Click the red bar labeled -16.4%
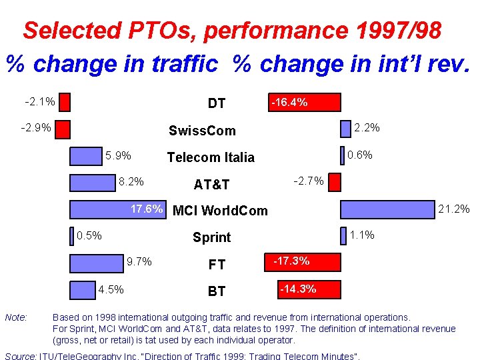[304, 102]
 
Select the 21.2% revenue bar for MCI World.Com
[388, 209]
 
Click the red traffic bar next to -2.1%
[64, 102]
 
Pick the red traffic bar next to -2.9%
[62, 129]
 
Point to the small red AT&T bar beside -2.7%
[333, 182]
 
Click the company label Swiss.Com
[202, 130]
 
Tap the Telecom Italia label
[211, 157]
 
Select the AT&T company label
[211, 184]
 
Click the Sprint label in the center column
[211, 237]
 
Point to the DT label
[217, 103]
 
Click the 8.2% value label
[131, 181]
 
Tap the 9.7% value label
[139, 261]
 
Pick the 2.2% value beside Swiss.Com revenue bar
[367, 127]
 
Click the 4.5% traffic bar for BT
[83, 289]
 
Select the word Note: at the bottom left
[16, 317]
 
